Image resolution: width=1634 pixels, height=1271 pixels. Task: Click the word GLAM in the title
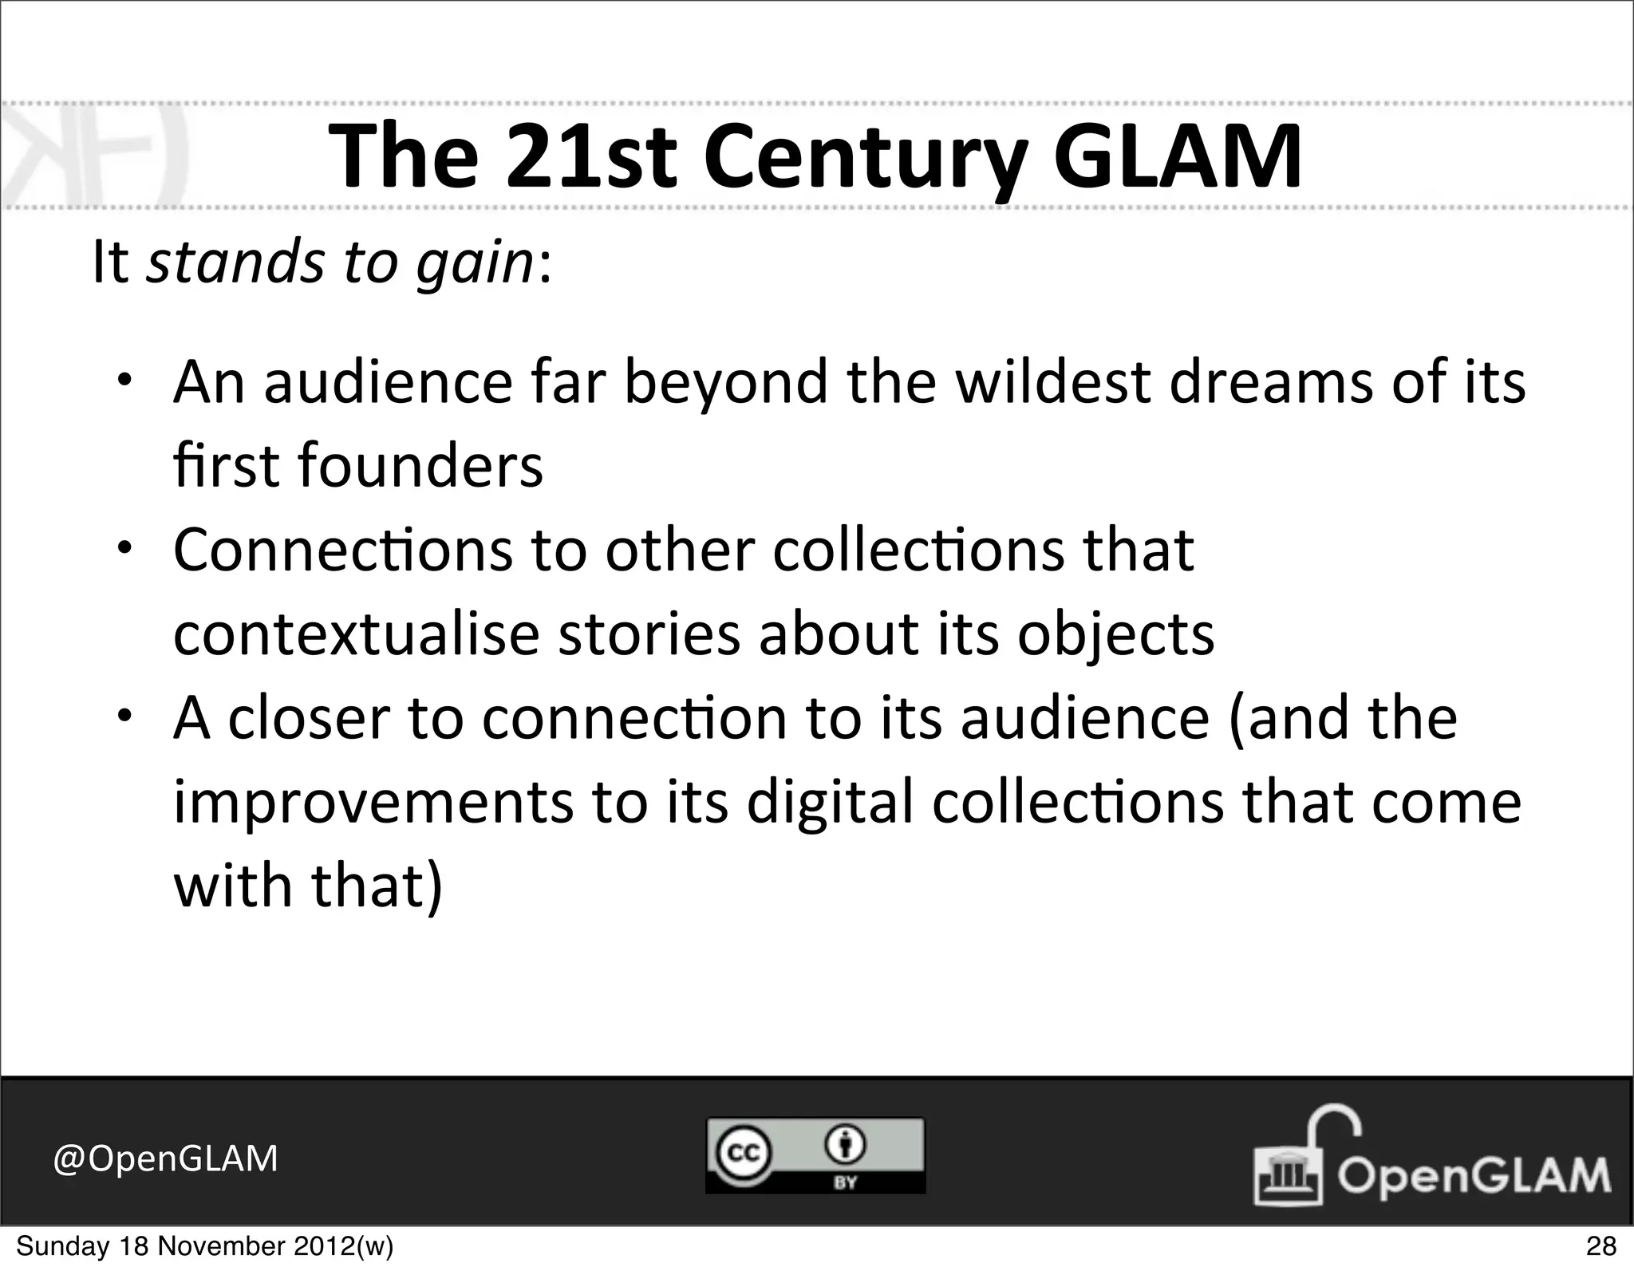(x=1177, y=156)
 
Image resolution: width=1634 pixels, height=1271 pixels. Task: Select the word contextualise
(x=357, y=634)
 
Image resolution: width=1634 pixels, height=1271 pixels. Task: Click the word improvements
(x=373, y=802)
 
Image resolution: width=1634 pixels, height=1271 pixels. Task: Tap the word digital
(x=830, y=802)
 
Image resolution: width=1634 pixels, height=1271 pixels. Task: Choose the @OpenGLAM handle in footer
(x=166, y=1159)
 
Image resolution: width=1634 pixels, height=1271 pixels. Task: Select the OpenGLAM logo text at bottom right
(x=1473, y=1175)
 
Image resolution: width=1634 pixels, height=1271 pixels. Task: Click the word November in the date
(x=215, y=1246)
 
